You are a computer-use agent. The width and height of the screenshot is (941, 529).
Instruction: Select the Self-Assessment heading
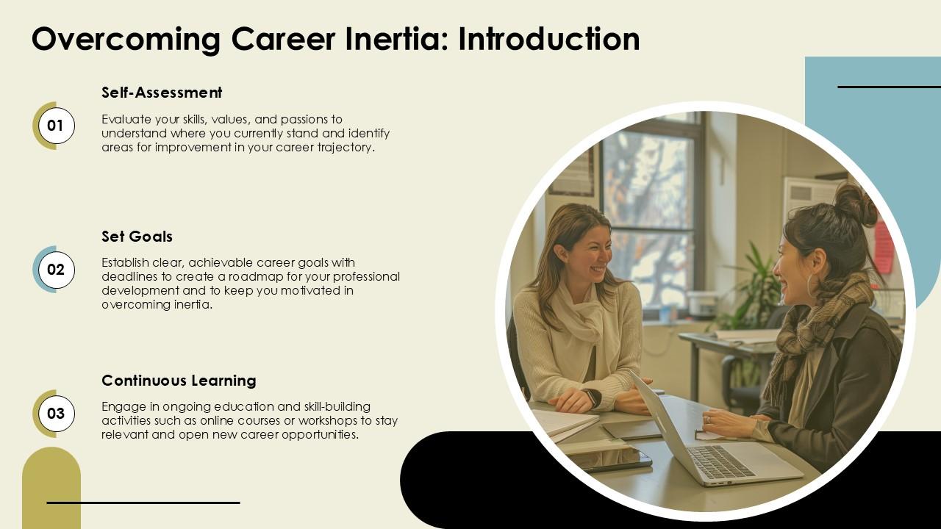coord(162,93)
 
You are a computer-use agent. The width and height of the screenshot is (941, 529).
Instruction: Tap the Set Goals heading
coord(137,237)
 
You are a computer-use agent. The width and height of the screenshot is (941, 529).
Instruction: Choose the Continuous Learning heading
coord(179,381)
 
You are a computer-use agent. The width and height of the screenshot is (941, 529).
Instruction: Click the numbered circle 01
coord(56,126)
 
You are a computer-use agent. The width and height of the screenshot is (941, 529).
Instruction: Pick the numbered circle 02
coord(56,270)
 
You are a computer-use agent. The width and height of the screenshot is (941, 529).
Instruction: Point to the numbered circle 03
coord(56,414)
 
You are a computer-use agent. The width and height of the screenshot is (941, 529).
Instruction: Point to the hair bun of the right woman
coord(856,202)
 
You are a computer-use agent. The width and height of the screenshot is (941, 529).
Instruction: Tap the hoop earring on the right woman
coord(813,286)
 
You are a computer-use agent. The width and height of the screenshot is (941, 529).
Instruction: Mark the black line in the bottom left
coord(143,503)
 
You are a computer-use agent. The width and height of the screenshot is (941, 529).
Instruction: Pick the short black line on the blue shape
coord(889,87)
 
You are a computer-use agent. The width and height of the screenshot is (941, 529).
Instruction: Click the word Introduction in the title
coord(548,39)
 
